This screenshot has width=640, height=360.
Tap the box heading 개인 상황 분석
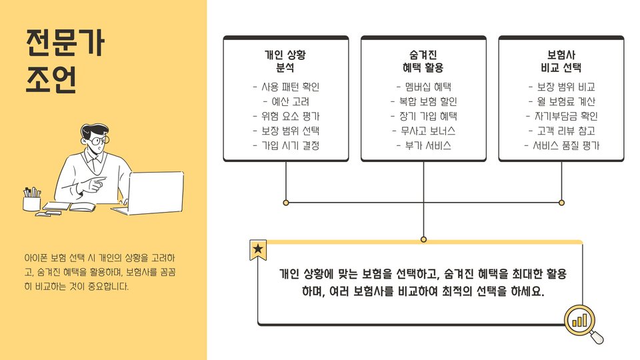coord(285,61)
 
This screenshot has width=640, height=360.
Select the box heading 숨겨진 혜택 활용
coord(423,61)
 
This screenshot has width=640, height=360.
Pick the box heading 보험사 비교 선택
coord(561,61)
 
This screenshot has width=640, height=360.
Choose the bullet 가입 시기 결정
coord(287,145)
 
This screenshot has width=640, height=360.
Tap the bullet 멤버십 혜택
coord(423,87)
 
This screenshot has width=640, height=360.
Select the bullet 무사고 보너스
coord(424,131)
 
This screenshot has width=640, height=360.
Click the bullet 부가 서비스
coord(424,145)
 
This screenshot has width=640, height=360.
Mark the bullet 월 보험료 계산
coord(561,101)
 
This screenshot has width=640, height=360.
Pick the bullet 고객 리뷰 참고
coord(561,131)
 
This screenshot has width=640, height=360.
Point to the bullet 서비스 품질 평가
coord(561,145)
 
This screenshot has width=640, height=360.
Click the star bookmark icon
coord(258,249)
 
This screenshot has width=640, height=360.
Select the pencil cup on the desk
coord(31,201)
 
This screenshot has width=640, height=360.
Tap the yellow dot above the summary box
coord(423,239)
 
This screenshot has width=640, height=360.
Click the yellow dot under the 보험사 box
coord(561,202)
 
